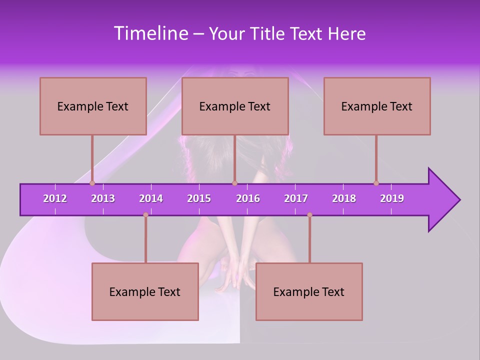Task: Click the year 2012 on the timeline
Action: tap(55, 198)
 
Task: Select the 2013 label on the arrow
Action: tap(103, 198)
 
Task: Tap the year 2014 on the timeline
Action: tap(151, 198)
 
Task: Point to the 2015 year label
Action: tap(199, 198)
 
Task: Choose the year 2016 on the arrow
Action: tap(248, 198)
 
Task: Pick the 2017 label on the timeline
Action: tap(296, 198)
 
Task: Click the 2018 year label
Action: tap(344, 198)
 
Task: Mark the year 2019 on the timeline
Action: tap(392, 198)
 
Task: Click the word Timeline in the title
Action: tap(151, 33)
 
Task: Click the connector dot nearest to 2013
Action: tap(92, 183)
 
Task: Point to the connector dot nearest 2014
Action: tap(145, 215)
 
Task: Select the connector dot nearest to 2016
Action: tap(234, 183)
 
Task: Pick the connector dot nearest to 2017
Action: tap(309, 215)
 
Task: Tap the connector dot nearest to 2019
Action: tap(376, 183)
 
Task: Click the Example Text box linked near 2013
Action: tap(93, 106)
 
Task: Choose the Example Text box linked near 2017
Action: tap(309, 291)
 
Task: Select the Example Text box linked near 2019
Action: tap(377, 106)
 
